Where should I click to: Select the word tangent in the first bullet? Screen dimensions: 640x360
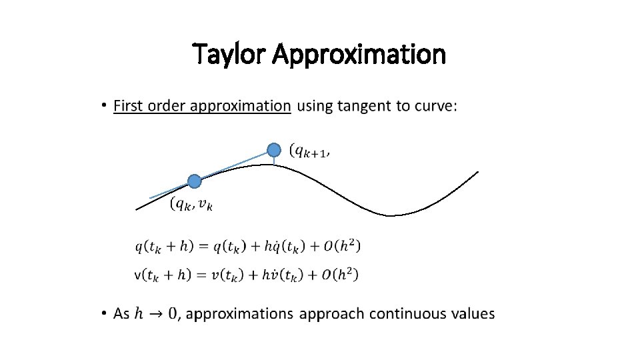(365, 106)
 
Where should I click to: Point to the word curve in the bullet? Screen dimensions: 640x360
(435, 106)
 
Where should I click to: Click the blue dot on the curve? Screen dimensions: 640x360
(194, 181)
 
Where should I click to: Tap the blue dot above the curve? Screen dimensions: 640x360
(274, 149)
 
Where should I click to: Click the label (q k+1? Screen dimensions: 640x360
(310, 152)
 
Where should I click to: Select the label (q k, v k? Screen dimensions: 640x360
(192, 204)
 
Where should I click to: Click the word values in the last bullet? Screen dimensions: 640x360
(473, 313)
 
